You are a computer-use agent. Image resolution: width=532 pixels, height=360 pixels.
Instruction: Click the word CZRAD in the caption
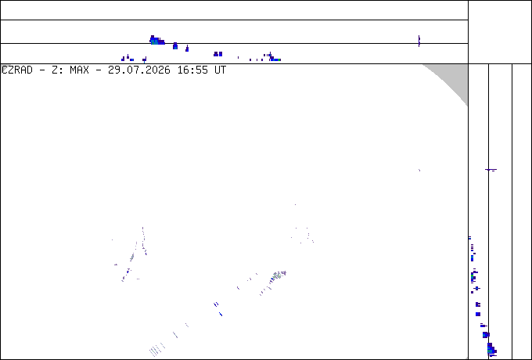coord(17,70)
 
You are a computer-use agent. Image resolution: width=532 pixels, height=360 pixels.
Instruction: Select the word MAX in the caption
coord(79,70)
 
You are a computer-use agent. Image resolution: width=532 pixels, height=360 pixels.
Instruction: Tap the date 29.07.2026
coord(139,70)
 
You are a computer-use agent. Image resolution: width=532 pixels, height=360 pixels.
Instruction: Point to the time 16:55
coord(192,70)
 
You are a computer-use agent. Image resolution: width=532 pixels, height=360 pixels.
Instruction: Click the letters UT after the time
coord(220,70)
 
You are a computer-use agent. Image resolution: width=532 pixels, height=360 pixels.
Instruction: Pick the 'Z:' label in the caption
coord(57,70)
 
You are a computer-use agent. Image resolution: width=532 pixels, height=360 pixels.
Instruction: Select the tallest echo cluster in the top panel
coord(156,41)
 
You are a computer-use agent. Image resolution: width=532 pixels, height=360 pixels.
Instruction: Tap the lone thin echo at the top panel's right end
coord(419,41)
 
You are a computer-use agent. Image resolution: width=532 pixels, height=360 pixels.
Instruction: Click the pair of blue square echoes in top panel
coord(217,54)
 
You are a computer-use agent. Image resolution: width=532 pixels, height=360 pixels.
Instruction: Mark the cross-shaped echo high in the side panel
coord(491,169)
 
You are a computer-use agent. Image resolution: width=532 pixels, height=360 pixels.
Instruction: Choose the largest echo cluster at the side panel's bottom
coord(491,350)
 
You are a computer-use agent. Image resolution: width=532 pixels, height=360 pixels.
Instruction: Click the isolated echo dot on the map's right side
coord(419,170)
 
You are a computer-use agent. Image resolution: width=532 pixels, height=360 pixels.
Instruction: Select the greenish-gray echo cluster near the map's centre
coord(279,275)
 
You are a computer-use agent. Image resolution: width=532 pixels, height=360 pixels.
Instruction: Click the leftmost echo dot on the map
coord(113,240)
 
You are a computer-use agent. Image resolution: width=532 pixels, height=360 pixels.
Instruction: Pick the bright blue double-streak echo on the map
coord(216,304)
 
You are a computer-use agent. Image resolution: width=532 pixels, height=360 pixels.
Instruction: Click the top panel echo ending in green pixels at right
coord(275,59)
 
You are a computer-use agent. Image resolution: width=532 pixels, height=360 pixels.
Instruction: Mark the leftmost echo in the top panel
coord(123,59)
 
